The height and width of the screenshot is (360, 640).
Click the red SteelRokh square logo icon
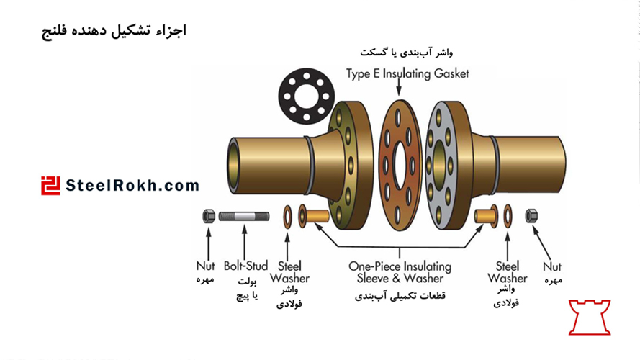(x=50, y=185)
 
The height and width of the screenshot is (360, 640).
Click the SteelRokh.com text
(x=132, y=186)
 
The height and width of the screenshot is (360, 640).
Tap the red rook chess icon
(x=590, y=317)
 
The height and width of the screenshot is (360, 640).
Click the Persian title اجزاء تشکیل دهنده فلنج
(x=114, y=31)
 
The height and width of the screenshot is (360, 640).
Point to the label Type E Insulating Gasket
(x=407, y=73)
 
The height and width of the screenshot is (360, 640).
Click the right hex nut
(x=532, y=215)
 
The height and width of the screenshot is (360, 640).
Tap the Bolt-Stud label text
(x=245, y=266)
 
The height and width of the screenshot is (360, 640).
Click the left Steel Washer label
(x=289, y=272)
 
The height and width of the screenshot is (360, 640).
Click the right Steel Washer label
(x=507, y=272)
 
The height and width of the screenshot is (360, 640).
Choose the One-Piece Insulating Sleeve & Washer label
(x=400, y=272)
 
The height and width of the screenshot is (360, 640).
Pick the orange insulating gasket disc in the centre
(x=400, y=166)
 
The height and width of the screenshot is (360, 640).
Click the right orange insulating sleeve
(x=487, y=215)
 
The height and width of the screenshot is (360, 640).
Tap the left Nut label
(x=206, y=266)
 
